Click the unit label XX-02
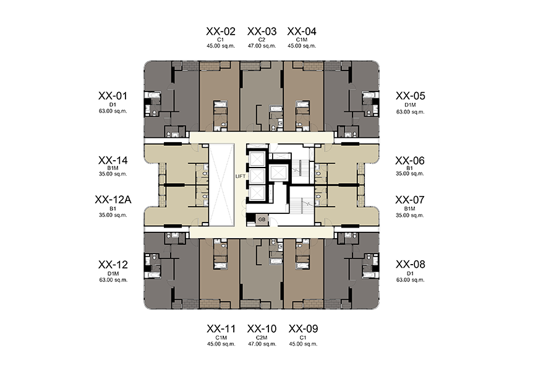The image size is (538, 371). [221, 32]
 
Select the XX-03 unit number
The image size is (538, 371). [262, 32]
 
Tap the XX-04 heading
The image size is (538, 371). [302, 32]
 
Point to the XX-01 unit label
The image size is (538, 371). [113, 96]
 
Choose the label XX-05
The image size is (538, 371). [411, 96]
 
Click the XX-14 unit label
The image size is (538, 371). [113, 161]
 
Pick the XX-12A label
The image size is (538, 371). [113, 200]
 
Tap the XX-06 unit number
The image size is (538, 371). [409, 161]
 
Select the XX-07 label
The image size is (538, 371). [409, 200]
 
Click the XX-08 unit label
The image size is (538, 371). [411, 265]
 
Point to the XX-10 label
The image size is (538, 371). [262, 329]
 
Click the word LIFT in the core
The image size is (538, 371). [241, 176]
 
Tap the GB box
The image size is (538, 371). [262, 220]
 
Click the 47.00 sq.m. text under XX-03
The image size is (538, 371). [262, 46]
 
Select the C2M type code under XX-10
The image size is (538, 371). [262, 338]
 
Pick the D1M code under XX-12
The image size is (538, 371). [113, 273]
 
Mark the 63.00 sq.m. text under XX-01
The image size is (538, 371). [113, 111]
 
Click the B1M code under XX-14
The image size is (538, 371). [113, 168]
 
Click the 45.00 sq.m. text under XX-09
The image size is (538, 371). [303, 344]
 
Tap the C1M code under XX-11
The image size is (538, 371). [221, 338]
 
